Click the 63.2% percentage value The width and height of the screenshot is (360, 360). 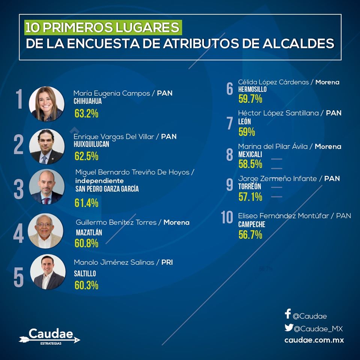point(86,114)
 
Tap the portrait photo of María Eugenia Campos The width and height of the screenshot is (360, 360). point(47,104)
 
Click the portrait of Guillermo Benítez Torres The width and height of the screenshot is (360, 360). point(46,231)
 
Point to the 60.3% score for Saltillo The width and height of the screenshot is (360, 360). point(86,285)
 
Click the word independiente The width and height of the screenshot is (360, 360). point(99,181)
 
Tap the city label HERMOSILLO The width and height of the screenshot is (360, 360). point(252,90)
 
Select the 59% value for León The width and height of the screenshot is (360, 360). point(246,132)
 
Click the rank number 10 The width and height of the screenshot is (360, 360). point(227,217)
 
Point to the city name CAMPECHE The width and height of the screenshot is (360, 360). point(252,225)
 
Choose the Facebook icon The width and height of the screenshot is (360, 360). point(288,314)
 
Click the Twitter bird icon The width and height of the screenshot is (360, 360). point(288,328)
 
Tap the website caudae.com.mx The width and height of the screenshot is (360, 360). point(314,340)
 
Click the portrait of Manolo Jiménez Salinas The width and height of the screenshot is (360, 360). point(47,272)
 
